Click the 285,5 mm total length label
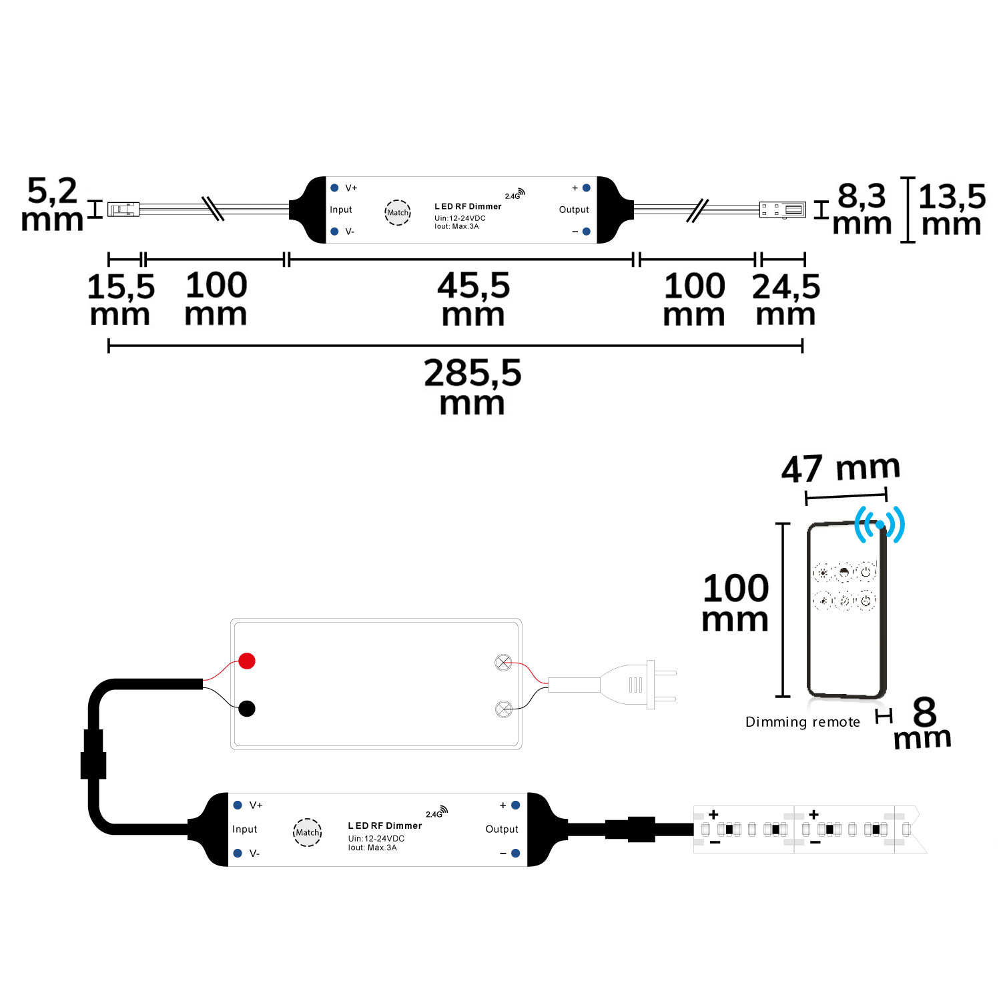coord(472,386)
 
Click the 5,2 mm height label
coord(52,204)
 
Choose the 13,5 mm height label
coord(952,209)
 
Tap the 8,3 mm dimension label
coord(862,209)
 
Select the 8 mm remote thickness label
coord(923,724)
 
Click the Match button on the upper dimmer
coord(398,212)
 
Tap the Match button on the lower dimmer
coord(308,832)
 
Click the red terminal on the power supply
coord(247,661)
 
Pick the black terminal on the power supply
coord(247,709)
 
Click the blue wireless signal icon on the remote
coord(880,525)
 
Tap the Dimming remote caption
coord(802,722)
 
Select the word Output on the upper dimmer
coord(574,210)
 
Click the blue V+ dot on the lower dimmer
coord(238,805)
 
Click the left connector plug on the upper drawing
coord(123,210)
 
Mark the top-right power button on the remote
coord(866,572)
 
